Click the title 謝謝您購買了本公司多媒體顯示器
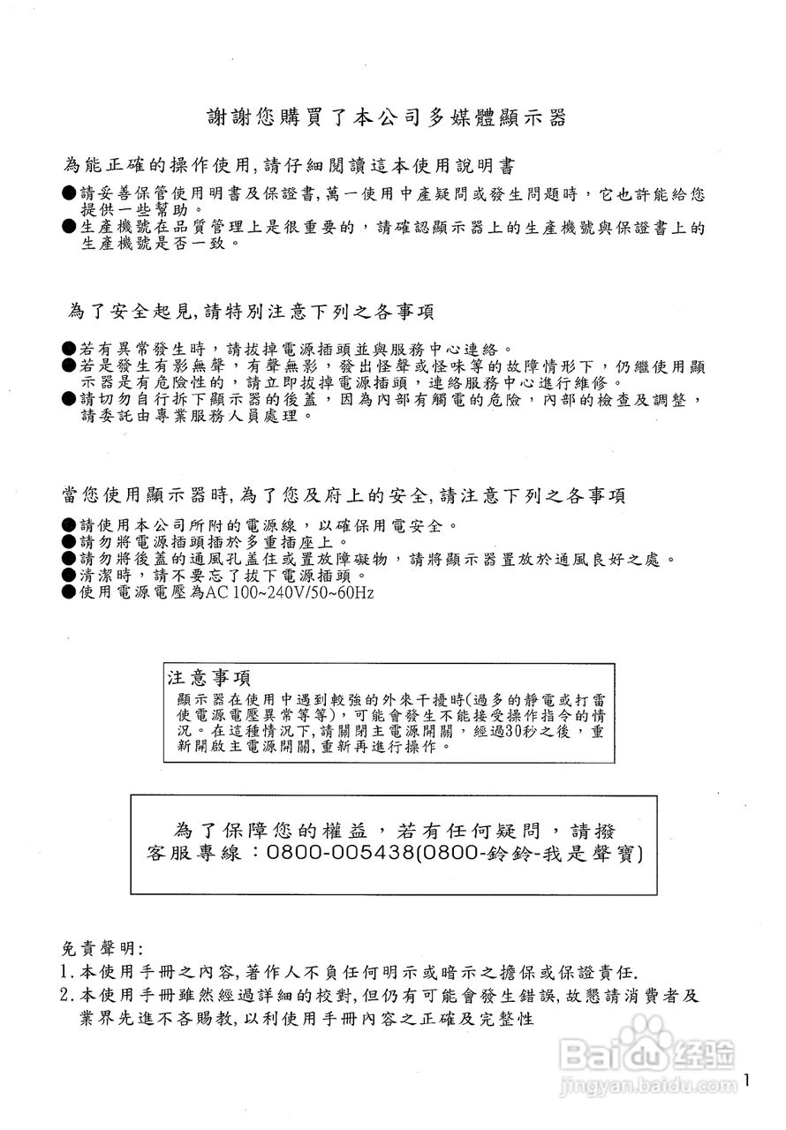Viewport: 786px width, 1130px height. click(386, 118)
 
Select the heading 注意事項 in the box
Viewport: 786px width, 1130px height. click(208, 678)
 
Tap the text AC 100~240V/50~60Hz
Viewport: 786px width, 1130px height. click(291, 591)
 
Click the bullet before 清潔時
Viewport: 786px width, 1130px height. click(69, 575)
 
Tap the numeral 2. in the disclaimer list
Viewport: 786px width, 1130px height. click(67, 995)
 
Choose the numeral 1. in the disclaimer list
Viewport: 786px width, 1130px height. click(67, 972)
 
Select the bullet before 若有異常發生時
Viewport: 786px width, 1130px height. click(69, 350)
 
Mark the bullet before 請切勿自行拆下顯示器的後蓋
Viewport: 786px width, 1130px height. click(69, 399)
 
